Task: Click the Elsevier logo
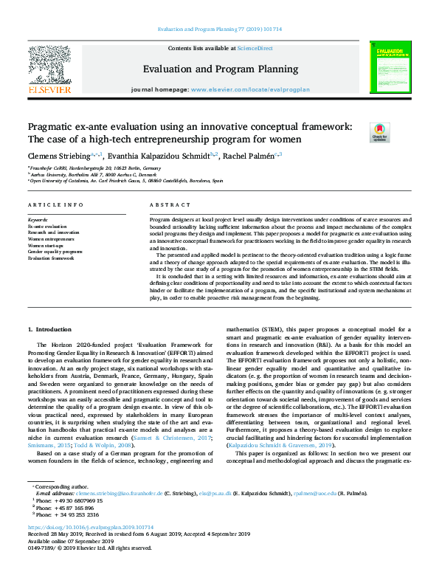49,70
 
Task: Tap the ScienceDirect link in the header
255,48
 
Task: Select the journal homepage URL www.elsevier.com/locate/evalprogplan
250,89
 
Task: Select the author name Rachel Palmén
248,156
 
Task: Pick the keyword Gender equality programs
55,252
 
